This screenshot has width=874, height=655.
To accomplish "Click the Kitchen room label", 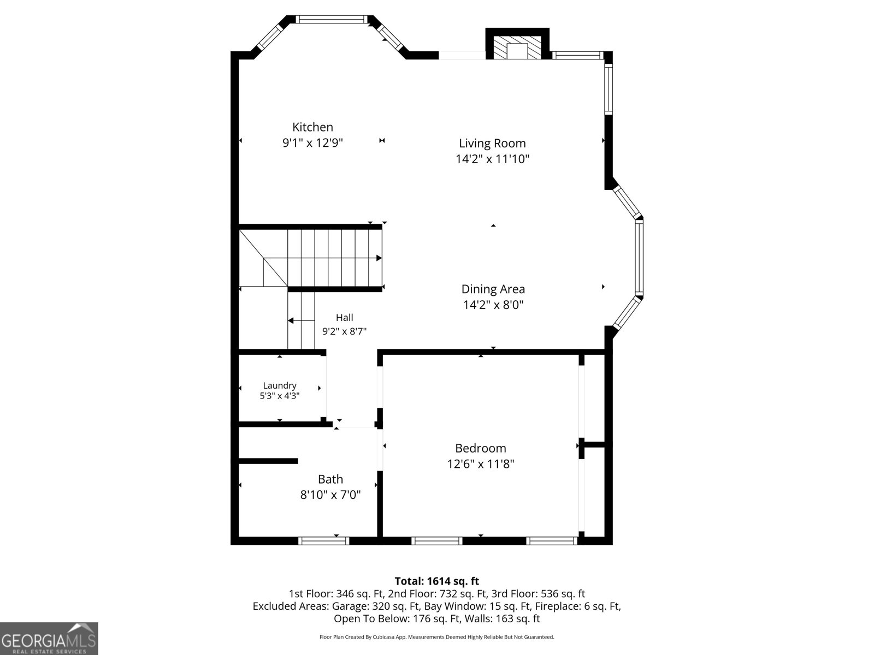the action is pos(312,127).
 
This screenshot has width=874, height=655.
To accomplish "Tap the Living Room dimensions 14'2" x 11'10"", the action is pos(493,159).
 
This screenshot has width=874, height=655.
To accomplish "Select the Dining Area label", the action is pos(493,289).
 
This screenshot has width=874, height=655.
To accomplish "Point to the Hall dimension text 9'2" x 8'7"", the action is pos(345,331).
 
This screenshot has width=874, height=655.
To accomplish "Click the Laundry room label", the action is pos(280,385).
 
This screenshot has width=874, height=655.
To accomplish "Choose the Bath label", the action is pos(330,479).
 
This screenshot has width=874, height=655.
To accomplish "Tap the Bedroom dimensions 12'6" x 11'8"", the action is pos(481,464).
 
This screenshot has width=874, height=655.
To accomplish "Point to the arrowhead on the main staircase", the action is pos(379,258).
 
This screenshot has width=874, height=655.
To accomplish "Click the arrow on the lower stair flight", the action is pos(302,320).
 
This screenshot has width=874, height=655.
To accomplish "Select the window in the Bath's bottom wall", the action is pos(324,540).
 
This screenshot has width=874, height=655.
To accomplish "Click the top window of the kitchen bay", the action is pos(331,19).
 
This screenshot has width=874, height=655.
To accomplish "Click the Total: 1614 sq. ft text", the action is pos(437,581).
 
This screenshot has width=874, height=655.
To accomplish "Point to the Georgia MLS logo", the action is pos(49,638).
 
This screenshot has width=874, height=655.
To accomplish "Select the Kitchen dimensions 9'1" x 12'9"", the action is pos(312,143).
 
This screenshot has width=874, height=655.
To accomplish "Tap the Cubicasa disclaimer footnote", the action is pos(437,637).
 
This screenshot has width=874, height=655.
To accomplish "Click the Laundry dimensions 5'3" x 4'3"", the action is pos(280,396).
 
